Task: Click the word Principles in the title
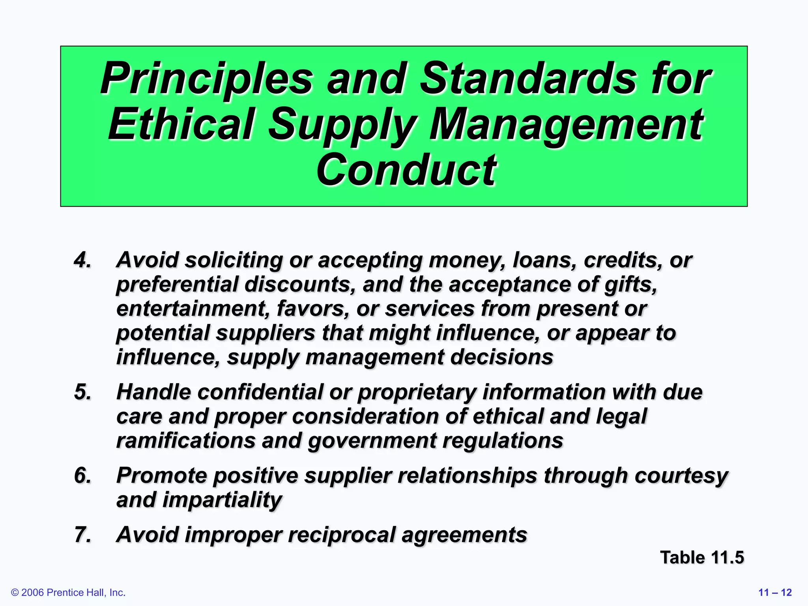[x=207, y=79]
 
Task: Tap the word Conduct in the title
[x=406, y=170]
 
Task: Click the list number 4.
[x=82, y=260]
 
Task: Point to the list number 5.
[x=82, y=392]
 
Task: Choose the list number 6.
[x=82, y=475]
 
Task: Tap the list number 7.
[x=82, y=535]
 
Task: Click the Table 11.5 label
[x=702, y=558]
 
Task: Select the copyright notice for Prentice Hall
[x=68, y=593]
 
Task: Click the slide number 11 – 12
[x=775, y=593]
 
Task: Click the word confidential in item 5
[x=260, y=392]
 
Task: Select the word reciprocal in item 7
[x=341, y=535]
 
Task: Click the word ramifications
[x=186, y=441]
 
